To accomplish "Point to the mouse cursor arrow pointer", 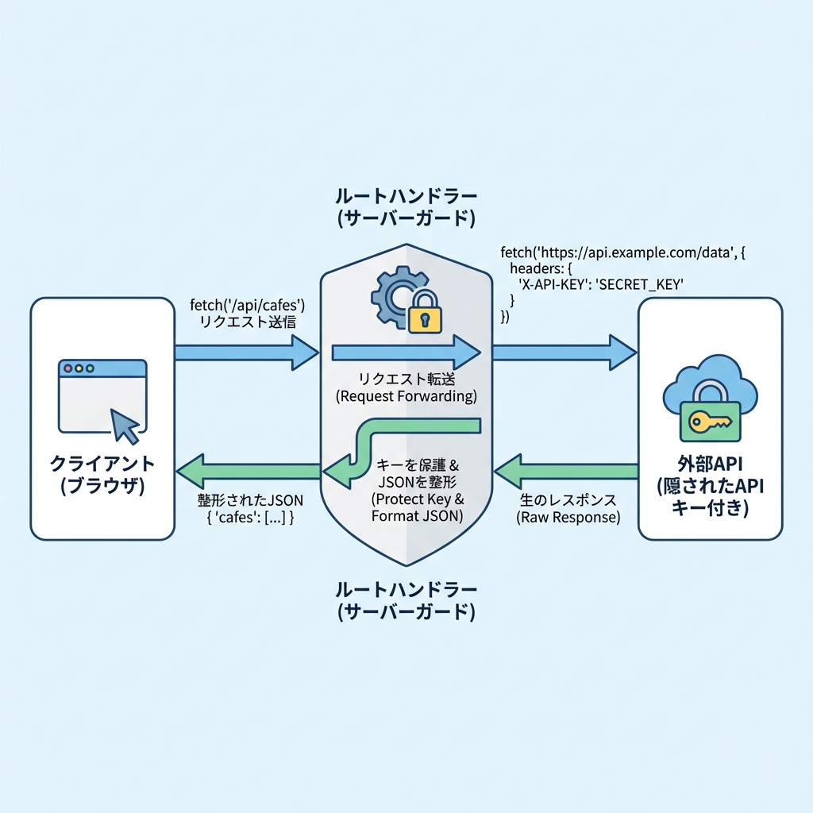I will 125,426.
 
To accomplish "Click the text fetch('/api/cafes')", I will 249,305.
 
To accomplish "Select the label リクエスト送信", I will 249,322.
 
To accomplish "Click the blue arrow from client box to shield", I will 246,352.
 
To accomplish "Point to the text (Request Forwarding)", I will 406,395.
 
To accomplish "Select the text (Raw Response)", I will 568,517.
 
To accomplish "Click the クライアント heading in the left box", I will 102,464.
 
